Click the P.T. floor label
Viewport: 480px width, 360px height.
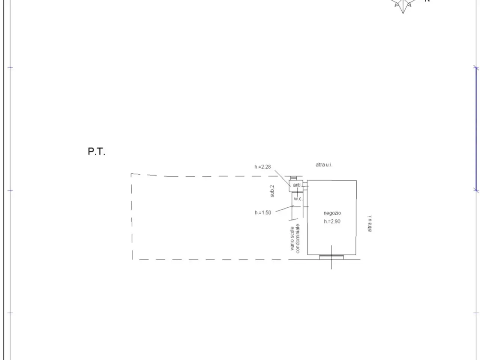[96, 151]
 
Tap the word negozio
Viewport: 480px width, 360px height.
[332, 213]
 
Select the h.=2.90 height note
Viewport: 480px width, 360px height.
[332, 221]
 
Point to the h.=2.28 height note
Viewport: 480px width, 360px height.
[262, 167]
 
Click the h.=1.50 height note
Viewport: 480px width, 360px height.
[263, 213]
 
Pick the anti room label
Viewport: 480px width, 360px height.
[297, 185]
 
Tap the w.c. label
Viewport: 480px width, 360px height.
[298, 199]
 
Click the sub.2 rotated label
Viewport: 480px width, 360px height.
[272, 191]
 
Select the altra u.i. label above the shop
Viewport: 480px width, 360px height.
[324, 165]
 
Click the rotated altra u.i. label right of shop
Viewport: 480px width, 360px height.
[370, 223]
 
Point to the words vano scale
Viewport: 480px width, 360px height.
[292, 238]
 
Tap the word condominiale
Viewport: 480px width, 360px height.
[298, 238]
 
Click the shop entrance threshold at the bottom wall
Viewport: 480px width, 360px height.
[331, 257]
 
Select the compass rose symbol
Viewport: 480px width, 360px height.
[403, 6]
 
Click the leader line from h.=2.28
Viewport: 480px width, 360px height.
[282, 178]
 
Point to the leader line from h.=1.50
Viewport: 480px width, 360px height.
[284, 209]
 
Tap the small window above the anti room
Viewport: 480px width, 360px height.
[294, 178]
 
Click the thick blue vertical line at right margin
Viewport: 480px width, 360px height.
[476, 129]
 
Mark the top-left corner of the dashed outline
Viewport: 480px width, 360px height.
[131, 174]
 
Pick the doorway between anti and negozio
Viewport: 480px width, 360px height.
[306, 186]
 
